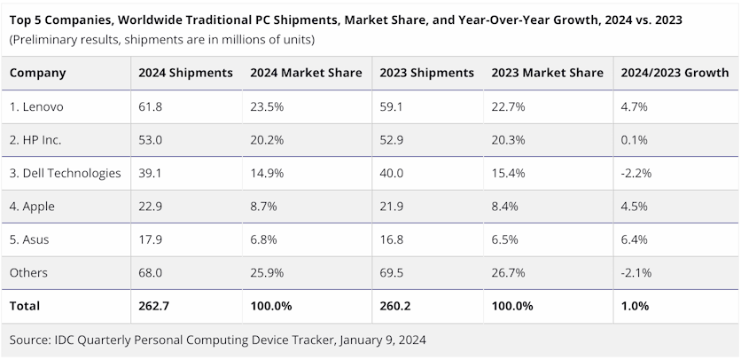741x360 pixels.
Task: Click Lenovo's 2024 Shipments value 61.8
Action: [150, 106]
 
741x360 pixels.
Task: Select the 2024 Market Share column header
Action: [306, 73]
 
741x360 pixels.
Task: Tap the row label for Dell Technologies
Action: [65, 173]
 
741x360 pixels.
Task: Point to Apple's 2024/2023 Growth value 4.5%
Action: [635, 206]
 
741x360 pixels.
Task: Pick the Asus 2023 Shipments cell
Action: [392, 239]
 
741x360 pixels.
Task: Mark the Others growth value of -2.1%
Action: [636, 272]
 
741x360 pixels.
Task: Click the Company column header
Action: [37, 73]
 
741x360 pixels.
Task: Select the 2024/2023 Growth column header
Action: [675, 73]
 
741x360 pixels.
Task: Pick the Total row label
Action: [25, 306]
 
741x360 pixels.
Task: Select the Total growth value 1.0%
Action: [636, 306]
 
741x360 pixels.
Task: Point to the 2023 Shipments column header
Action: [426, 73]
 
